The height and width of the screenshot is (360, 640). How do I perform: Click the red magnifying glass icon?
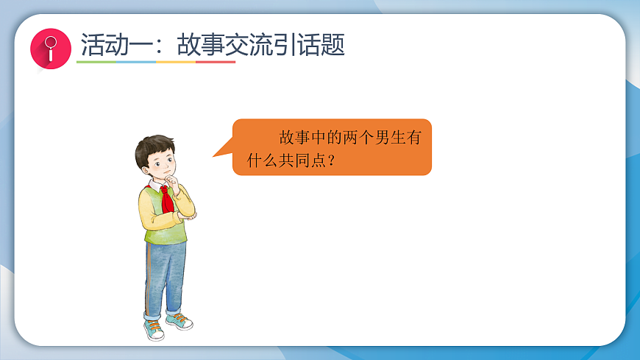50,50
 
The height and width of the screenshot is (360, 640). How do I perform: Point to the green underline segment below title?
96,63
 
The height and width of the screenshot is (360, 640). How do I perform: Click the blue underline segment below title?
136,63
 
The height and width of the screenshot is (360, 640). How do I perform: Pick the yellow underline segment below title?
176,63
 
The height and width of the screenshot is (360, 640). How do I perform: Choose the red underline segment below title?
216,63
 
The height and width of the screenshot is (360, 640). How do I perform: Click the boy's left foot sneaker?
179,321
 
